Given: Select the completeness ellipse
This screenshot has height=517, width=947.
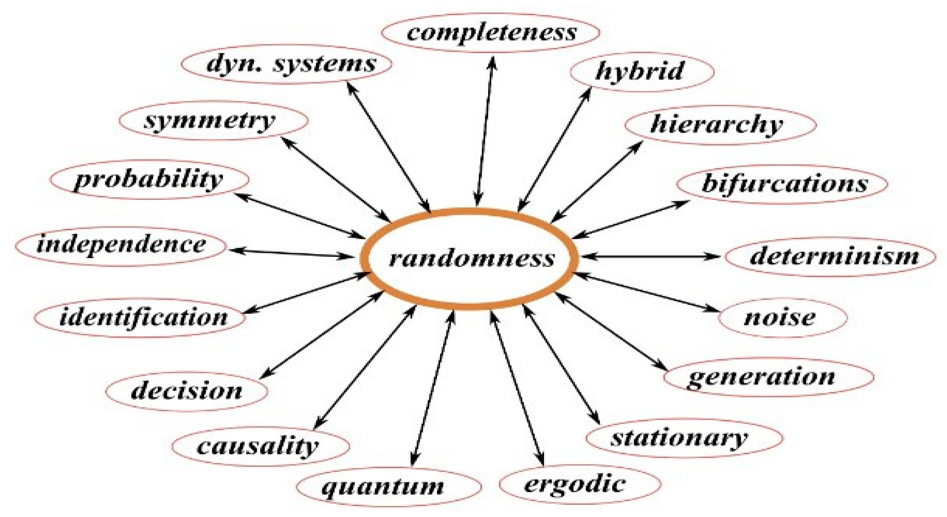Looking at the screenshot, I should tap(490, 33).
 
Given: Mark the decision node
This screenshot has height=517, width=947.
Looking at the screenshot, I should tap(187, 391).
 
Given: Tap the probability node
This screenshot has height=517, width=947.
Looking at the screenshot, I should tap(149, 179).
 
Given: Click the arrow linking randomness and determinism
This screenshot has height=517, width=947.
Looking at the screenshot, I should tap(649, 256).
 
